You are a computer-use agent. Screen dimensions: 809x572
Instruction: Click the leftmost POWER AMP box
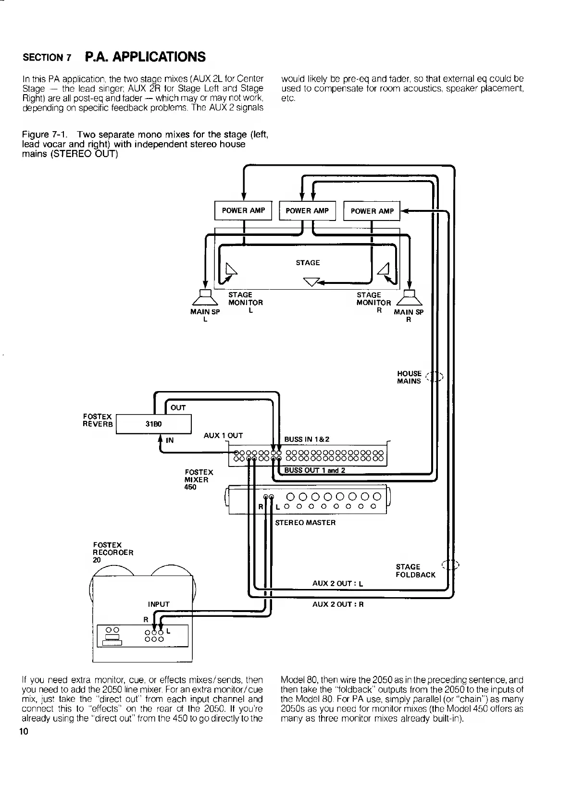pyautogui.click(x=243, y=210)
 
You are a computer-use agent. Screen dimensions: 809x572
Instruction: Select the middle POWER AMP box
pyautogui.click(x=307, y=210)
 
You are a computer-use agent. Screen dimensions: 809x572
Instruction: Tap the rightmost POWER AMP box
pyautogui.click(x=372, y=211)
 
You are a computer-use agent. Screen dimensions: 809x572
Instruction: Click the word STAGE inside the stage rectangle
pyautogui.click(x=308, y=263)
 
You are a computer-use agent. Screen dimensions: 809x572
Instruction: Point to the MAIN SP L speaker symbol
pyautogui.click(x=205, y=298)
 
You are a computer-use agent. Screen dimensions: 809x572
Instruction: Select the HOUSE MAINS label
pyautogui.click(x=409, y=377)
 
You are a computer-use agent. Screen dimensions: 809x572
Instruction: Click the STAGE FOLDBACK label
pyautogui.click(x=415, y=571)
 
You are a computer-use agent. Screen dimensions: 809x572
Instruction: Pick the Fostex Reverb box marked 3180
pyautogui.click(x=154, y=424)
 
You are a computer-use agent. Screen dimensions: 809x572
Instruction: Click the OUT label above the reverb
pyautogui.click(x=178, y=408)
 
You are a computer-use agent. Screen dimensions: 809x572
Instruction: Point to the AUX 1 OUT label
pyautogui.click(x=223, y=436)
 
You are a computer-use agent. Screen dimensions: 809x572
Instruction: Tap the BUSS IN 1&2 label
pyautogui.click(x=307, y=439)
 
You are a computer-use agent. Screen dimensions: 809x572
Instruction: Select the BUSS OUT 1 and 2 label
pyautogui.click(x=314, y=470)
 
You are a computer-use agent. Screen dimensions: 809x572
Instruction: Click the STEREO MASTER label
pyautogui.click(x=305, y=522)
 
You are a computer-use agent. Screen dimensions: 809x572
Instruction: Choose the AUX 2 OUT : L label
pyautogui.click(x=337, y=584)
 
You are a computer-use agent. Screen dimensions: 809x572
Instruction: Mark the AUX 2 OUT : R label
pyautogui.click(x=338, y=604)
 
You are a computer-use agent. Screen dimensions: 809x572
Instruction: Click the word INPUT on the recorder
pyautogui.click(x=159, y=604)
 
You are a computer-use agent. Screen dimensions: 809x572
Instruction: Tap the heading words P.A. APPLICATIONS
pyautogui.click(x=145, y=57)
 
